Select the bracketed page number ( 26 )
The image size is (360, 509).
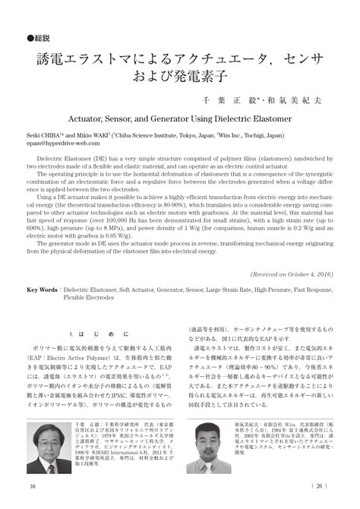pos(321,487)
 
